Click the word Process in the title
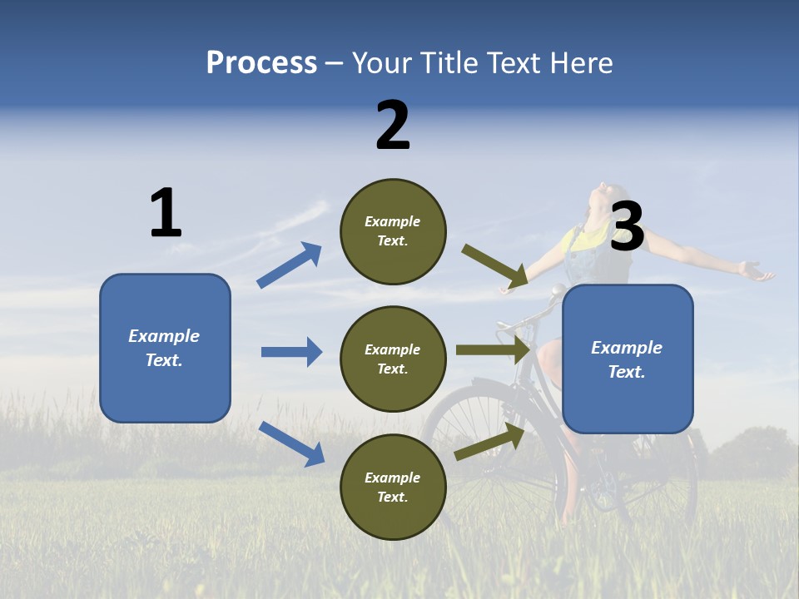pyautogui.click(x=261, y=63)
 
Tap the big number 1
pyautogui.click(x=166, y=214)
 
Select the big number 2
pyautogui.click(x=393, y=126)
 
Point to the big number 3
pyautogui.click(x=628, y=227)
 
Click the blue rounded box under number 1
pyautogui.click(x=165, y=348)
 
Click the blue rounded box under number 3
pyautogui.click(x=628, y=359)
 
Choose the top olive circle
pyautogui.click(x=393, y=231)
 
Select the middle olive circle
pyautogui.click(x=393, y=359)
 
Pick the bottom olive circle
pyautogui.click(x=393, y=487)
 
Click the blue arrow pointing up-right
pyautogui.click(x=290, y=265)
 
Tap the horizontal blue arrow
pyautogui.click(x=292, y=352)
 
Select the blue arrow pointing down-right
pyautogui.click(x=292, y=443)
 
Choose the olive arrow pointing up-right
pyautogui.click(x=490, y=441)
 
